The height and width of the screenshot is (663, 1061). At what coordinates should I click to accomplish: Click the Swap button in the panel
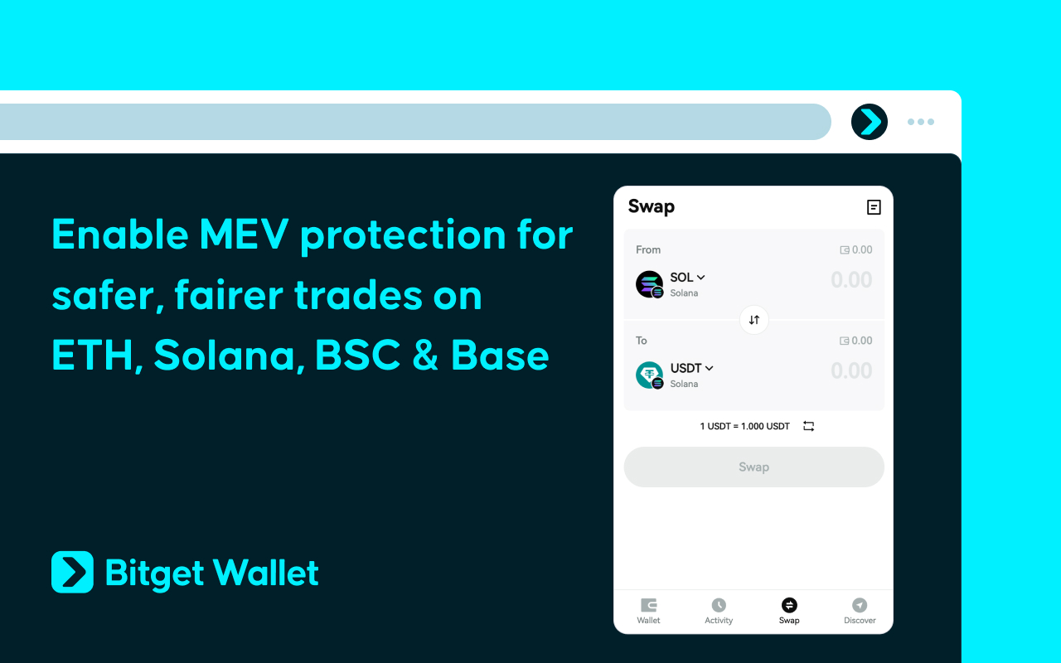(753, 467)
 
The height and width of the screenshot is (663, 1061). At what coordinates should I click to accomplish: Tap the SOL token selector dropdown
(687, 278)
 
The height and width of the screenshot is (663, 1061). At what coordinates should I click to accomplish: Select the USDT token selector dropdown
(691, 368)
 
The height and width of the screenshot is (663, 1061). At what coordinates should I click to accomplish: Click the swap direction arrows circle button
(754, 320)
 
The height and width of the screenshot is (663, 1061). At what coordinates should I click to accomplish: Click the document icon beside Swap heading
(874, 207)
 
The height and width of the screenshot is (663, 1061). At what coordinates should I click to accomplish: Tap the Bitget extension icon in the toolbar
(870, 122)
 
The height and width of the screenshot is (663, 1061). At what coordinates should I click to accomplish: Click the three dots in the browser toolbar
(920, 122)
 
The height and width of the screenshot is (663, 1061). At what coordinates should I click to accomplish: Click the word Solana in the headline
(225, 356)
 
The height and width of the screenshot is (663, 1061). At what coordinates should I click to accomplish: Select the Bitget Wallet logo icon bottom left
(73, 572)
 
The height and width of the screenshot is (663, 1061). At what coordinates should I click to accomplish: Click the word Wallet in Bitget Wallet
(265, 573)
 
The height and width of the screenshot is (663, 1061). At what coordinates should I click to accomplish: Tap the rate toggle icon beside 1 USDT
(809, 426)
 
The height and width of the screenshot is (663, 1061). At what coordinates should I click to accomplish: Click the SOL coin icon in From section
(649, 284)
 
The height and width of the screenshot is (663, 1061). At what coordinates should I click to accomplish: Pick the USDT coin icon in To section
(649, 375)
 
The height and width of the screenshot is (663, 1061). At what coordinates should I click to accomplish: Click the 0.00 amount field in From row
(850, 280)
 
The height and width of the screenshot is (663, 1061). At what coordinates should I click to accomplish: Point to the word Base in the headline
(500, 356)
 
